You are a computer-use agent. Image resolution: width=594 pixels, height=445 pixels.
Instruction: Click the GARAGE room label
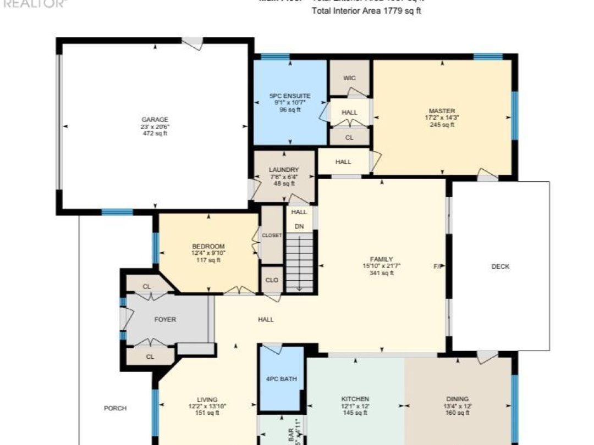[155, 119]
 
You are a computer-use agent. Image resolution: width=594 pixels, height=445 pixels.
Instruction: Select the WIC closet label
[350, 79]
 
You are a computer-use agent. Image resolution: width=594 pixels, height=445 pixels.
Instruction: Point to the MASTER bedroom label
[442, 111]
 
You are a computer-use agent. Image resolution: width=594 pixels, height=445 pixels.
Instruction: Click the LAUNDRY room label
[284, 170]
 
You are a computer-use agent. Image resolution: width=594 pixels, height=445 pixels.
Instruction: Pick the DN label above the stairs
[299, 226]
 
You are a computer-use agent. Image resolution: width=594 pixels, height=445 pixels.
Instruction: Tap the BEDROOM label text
[208, 246]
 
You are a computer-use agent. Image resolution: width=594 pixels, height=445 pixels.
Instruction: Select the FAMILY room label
[381, 259]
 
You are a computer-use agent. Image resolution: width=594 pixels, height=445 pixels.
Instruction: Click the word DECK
[500, 266]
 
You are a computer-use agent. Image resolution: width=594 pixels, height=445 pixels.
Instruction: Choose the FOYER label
[165, 319]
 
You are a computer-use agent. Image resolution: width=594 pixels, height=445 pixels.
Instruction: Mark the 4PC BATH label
[281, 379]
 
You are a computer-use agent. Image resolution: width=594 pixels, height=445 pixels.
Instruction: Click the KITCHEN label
[355, 399]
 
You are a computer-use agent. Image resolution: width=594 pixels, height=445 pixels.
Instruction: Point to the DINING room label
[457, 399]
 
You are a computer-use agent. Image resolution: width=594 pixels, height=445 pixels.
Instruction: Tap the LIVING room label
[207, 399]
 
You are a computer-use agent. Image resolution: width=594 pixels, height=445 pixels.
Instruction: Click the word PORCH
[115, 408]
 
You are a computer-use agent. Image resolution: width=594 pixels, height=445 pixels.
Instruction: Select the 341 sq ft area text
[381, 273]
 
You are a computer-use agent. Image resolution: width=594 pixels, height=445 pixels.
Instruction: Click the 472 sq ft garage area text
[155, 133]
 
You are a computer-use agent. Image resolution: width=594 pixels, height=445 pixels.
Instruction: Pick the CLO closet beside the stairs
[272, 280]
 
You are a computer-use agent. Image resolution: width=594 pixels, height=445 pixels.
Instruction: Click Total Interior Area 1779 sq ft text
[366, 11]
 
